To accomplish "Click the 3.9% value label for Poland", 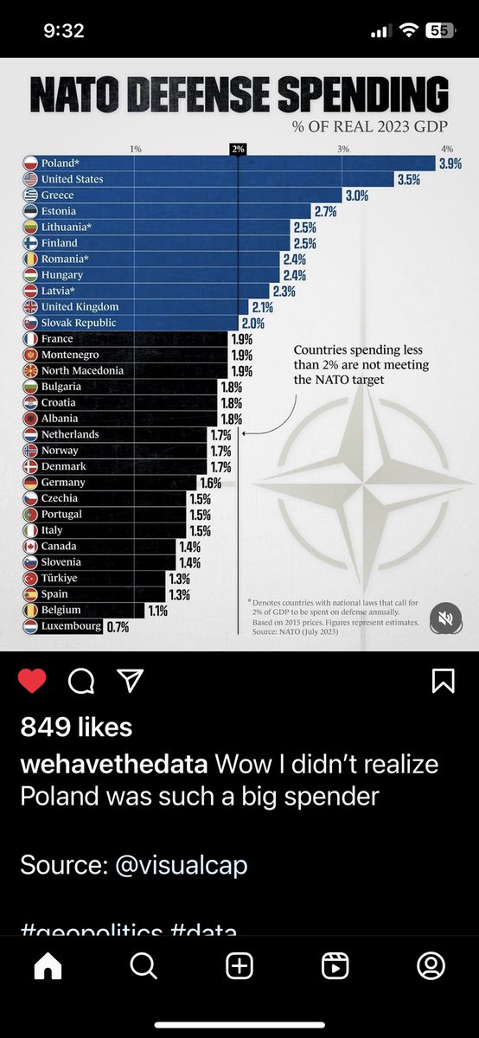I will tap(450, 163).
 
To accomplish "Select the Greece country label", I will tap(58, 195).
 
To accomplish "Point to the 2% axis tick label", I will tap(239, 149).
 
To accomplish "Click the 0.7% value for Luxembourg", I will tap(117, 626).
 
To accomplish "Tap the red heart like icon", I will tap(33, 682).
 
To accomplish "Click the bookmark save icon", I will tap(443, 682).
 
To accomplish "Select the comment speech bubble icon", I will tap(81, 682).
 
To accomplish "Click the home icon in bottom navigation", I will tap(48, 991).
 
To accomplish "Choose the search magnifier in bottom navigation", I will tap(144, 991).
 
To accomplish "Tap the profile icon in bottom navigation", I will tap(431, 991).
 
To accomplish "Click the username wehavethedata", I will tap(113, 765).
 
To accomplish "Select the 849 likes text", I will tap(76, 727).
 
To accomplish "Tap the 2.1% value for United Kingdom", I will tap(262, 307).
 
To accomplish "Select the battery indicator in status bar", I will tap(441, 30).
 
